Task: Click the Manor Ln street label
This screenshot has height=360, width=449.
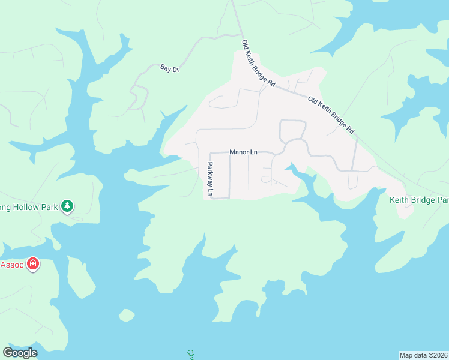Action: tap(243, 152)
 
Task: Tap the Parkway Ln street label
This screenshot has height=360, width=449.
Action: tap(210, 179)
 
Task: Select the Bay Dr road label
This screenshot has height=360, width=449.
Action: tap(169, 69)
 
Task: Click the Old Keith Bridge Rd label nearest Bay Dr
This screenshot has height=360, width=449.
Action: tap(258, 64)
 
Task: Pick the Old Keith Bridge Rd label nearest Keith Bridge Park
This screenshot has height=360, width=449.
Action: tap(331, 115)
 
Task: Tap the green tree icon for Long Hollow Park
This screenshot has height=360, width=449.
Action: tap(68, 206)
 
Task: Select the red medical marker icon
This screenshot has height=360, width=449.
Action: tap(33, 264)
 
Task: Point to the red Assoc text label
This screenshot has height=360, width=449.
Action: tap(11, 264)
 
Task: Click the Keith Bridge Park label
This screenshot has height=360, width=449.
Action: tap(419, 199)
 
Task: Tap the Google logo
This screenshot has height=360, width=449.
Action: tap(20, 353)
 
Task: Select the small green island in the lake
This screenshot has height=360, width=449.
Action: tap(127, 315)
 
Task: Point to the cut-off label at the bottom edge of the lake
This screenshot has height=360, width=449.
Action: tap(191, 355)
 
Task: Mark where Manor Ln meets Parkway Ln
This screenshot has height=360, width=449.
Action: tap(209, 153)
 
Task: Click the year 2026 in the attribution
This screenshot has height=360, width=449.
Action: tap(440, 355)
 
